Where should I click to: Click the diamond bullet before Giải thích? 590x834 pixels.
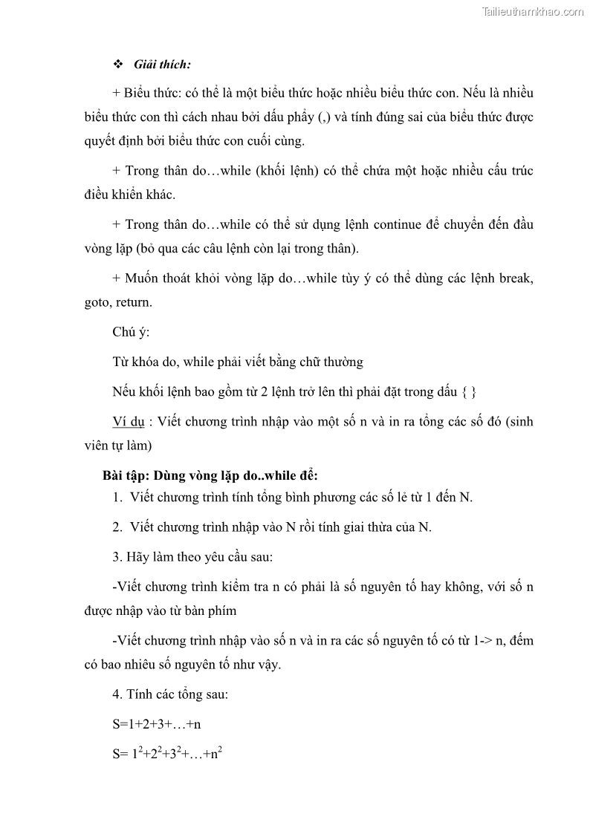tap(117, 65)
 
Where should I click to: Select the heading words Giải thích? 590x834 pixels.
tap(162, 65)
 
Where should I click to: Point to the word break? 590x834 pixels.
tap(514, 278)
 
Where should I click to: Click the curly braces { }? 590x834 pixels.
tap(469, 391)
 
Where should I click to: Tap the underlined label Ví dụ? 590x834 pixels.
tap(129, 421)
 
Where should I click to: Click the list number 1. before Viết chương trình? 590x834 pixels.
tap(118, 498)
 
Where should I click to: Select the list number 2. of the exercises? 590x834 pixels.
tap(118, 527)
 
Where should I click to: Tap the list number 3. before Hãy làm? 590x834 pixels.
tap(117, 557)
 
